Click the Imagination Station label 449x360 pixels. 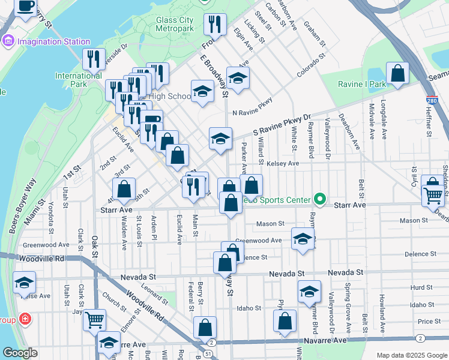coord(53,41)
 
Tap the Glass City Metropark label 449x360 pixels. coord(174,24)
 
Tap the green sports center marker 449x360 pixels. coord(320,200)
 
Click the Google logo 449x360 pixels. coord(20,353)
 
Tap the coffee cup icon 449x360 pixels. coord(25,7)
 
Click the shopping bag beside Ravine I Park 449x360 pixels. coord(397,74)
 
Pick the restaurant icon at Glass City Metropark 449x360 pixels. coord(214,24)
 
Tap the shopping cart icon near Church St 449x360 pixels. coord(94,320)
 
